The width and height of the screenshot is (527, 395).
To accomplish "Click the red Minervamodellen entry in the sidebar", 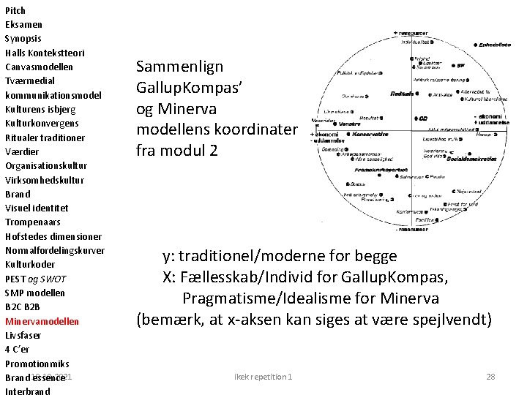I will pos(42,321).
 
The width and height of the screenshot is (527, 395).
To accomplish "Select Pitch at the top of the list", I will pos(15,10).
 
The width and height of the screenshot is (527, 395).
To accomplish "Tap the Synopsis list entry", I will pos(23,38).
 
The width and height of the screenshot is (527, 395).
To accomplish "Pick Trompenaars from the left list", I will pos(33,222).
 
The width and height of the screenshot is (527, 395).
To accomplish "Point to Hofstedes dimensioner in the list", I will pos(53,236).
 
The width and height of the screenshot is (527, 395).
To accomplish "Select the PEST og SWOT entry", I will pos(35,279).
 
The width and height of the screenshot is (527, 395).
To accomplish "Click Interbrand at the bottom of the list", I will pos(28,391).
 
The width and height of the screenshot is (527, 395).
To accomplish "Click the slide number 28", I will pos(490,377).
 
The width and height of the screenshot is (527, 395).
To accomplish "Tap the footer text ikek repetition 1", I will pos(263,377).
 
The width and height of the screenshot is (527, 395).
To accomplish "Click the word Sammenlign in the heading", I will pos(180,68).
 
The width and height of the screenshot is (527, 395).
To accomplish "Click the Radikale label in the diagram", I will pos(402,94).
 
